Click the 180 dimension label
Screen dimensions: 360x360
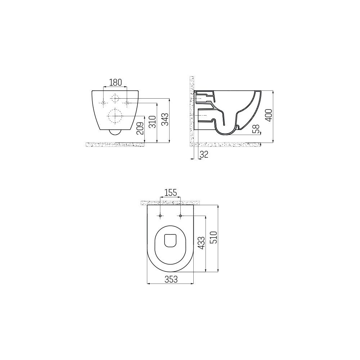pos(115,82)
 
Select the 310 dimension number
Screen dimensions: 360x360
pos(152,122)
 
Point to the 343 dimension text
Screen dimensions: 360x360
pos(165,119)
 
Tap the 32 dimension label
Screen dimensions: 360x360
pos(204,154)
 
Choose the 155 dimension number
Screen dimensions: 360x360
pos(171,192)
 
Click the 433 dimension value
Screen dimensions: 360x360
pos(201,243)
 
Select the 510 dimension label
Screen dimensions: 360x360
pos(213,238)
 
